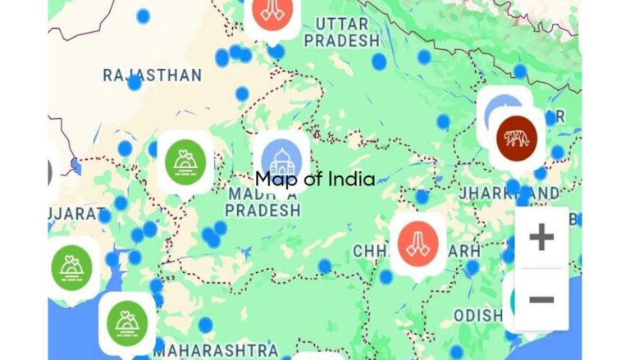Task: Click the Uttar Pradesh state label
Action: tap(341, 31)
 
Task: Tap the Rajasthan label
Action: tap(153, 75)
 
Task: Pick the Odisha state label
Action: tap(477, 316)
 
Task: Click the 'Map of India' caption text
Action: tap(315, 179)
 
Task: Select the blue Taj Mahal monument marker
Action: tap(281, 160)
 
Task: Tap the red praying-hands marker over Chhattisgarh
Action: tap(418, 244)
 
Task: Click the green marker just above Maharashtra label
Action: tap(127, 322)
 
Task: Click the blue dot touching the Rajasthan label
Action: tap(135, 83)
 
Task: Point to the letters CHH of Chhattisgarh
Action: tap(371, 250)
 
